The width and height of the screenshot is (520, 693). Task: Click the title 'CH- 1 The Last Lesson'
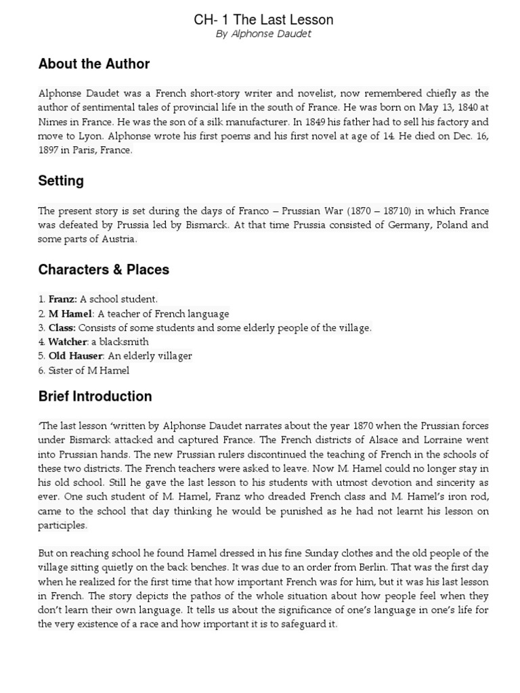(263, 20)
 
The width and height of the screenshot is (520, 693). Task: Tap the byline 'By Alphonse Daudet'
(263, 34)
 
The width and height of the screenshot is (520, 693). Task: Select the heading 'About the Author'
(94, 64)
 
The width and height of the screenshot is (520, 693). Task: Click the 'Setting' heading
(61, 181)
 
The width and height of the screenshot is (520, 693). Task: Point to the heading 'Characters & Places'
(104, 269)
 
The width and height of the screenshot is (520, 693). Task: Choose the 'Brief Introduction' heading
(95, 397)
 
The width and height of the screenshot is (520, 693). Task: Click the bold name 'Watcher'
(68, 342)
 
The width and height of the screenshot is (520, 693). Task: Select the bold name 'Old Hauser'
(75, 356)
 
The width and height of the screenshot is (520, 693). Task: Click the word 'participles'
(62, 525)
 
